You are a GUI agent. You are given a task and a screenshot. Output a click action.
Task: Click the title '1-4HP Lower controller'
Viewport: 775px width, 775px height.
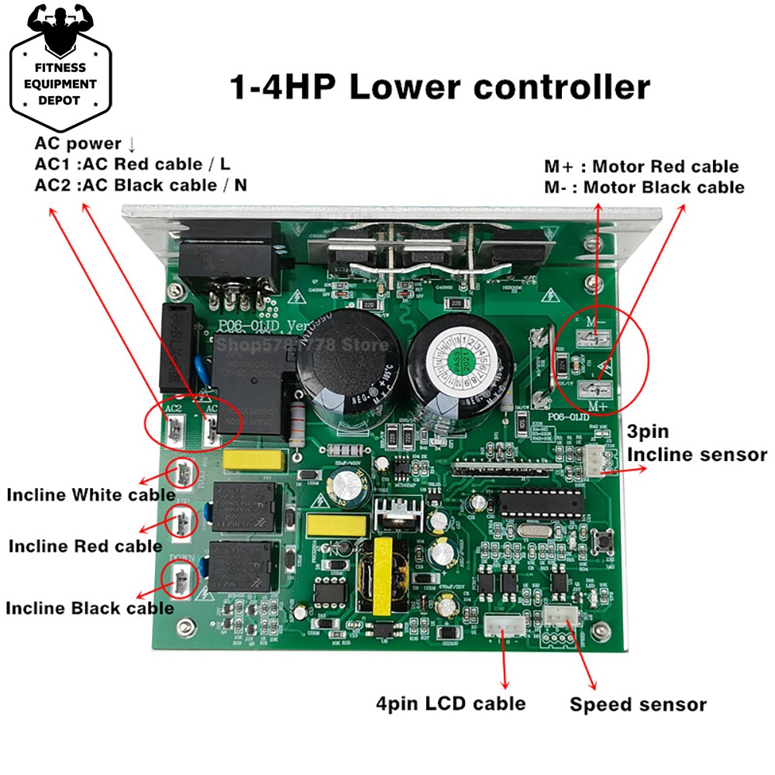click(439, 87)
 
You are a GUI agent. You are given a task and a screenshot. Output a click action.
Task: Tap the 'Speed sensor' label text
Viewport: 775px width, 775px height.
click(638, 704)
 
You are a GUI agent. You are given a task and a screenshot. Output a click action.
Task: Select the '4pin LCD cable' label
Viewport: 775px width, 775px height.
click(450, 703)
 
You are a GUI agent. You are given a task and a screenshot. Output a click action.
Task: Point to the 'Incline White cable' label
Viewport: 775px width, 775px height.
click(91, 494)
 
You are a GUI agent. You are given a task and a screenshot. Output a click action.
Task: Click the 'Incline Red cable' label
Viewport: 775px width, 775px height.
click(85, 546)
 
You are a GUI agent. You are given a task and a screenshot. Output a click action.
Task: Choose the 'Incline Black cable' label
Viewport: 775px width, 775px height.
click(89, 608)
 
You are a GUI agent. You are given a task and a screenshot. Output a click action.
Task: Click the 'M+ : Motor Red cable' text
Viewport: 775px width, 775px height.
click(641, 167)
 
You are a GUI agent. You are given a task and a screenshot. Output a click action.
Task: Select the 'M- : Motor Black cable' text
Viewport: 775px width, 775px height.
click(643, 187)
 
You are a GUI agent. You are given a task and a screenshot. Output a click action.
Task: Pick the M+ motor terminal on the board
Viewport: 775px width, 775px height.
click(597, 390)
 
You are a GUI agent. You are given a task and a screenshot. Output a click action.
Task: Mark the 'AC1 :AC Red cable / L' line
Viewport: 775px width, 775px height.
click(133, 164)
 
